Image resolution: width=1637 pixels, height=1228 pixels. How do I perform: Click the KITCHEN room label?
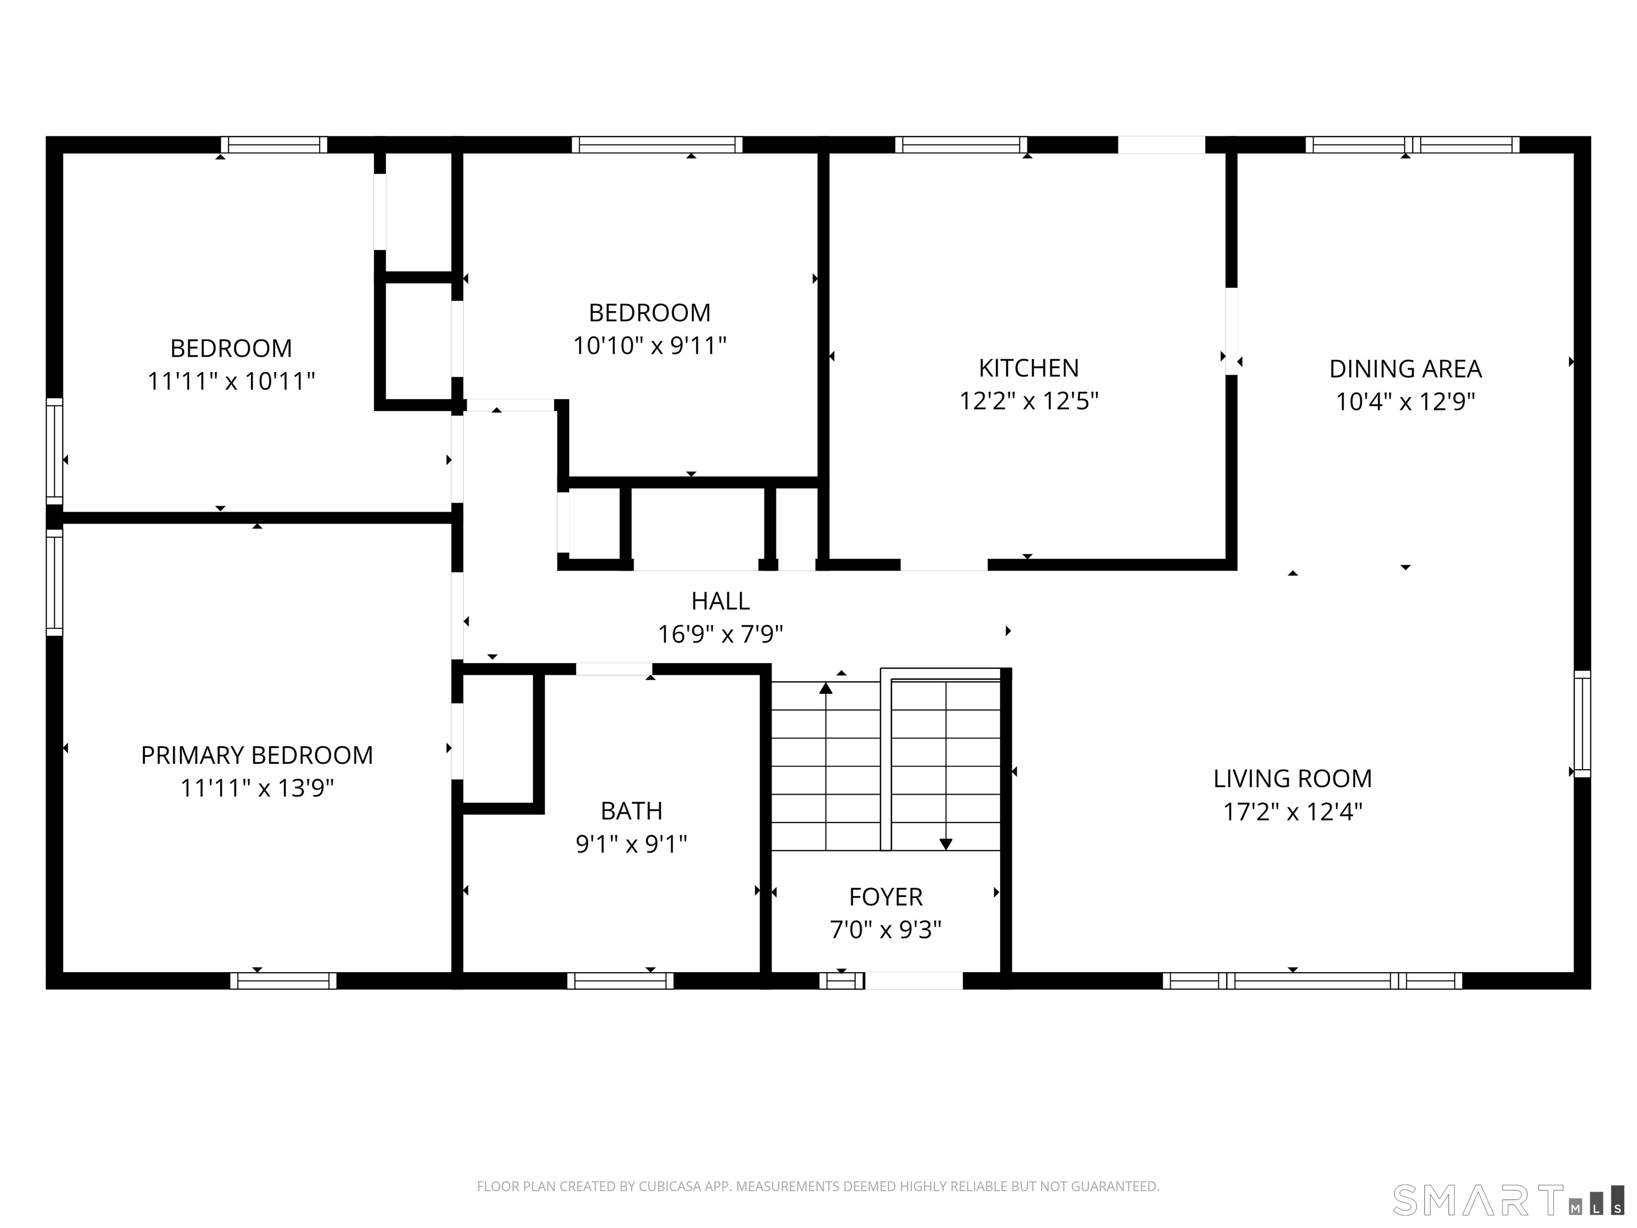coord(1028,368)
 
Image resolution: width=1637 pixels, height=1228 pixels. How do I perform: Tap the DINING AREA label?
coord(1405,369)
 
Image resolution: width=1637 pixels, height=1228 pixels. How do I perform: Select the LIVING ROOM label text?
coord(1293,779)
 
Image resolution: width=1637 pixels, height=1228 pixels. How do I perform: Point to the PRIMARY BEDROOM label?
coord(257,755)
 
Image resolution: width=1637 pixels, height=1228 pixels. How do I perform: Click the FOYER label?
coord(886,897)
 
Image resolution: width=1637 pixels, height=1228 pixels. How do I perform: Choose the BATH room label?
coord(631,811)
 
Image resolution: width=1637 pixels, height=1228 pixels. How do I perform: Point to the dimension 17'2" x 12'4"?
coord(1293,812)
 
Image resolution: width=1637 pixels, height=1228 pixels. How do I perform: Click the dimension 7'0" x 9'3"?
coord(886,930)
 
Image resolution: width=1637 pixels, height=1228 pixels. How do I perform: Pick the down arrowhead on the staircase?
coord(946,844)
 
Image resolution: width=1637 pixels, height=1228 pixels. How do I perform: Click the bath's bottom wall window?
coord(620,981)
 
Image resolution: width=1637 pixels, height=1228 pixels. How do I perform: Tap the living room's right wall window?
coord(1582,723)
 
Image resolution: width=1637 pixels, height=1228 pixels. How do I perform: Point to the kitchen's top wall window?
coord(961,145)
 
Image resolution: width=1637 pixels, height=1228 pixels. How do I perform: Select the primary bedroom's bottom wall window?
coord(283,981)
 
